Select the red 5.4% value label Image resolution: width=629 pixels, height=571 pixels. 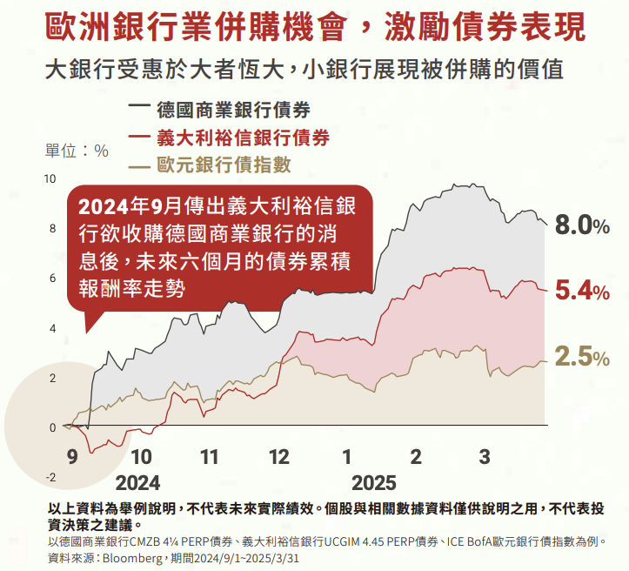(x=582, y=292)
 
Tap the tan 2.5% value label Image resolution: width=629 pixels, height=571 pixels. (x=582, y=357)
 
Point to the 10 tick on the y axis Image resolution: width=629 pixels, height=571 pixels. (x=50, y=179)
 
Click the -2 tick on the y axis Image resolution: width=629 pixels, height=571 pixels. (x=50, y=477)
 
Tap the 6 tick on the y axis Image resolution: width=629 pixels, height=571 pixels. (x=52, y=279)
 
